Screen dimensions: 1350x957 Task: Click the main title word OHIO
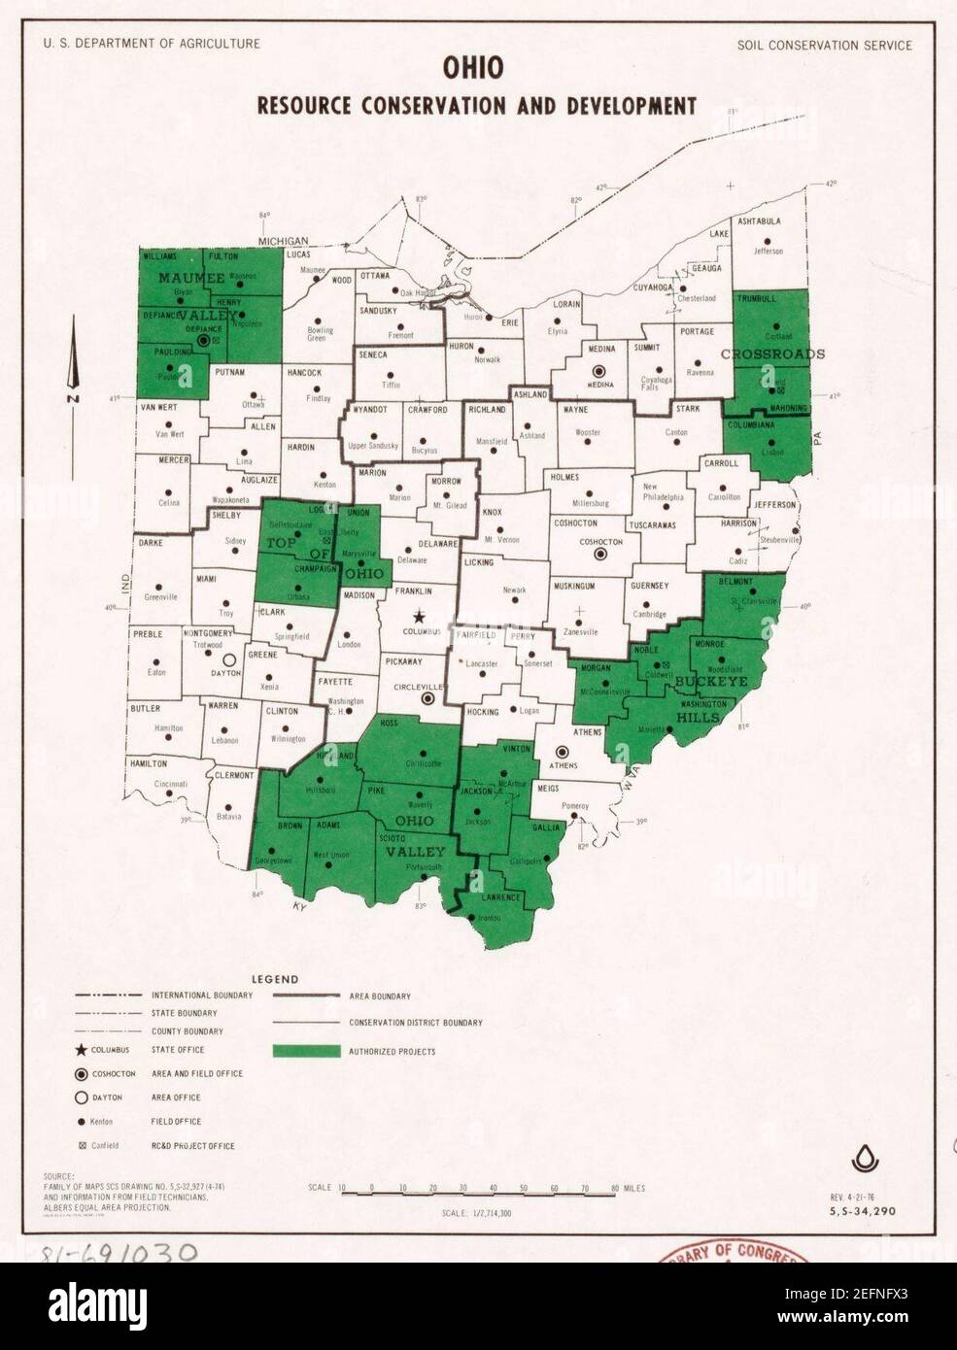[x=473, y=68]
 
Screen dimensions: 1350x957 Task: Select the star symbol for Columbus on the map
[x=420, y=616]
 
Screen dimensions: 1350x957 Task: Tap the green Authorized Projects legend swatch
[x=307, y=1051]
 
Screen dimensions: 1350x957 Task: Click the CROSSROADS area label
[x=772, y=354]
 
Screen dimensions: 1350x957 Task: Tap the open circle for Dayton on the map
[x=230, y=658]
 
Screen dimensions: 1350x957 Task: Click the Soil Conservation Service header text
[x=825, y=45]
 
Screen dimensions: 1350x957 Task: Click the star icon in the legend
[x=84, y=1050]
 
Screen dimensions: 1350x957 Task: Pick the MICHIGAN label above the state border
[x=283, y=241]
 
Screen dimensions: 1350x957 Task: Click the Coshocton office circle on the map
[x=600, y=554]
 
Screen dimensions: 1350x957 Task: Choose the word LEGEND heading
[x=275, y=980]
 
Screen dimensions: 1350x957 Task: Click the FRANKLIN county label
[x=413, y=591]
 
